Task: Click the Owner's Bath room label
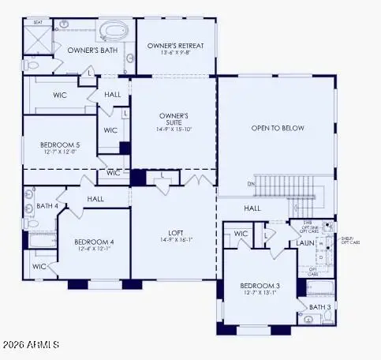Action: tap(92, 50)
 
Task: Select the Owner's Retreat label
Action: tap(175, 46)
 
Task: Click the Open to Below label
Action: tap(277, 128)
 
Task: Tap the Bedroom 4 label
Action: tap(94, 242)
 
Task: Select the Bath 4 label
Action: tap(47, 206)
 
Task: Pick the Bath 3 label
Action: tap(319, 307)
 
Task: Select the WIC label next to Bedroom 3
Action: tap(241, 234)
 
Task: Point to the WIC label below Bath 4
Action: tap(39, 266)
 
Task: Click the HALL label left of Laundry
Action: tap(252, 208)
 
